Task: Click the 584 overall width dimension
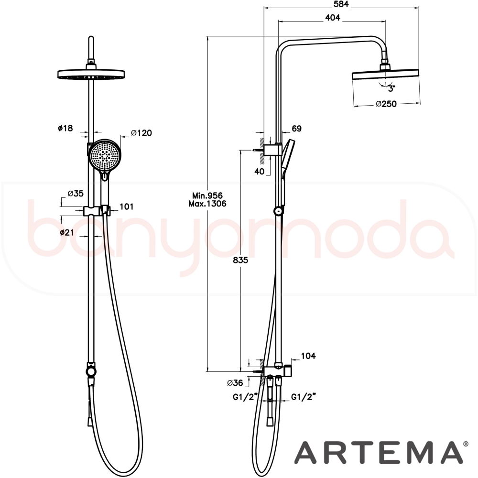tap(341, 4)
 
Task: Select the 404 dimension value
tap(333, 18)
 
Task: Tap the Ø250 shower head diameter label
tap(386, 104)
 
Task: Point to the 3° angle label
tap(391, 89)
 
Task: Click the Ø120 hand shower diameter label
tap(141, 133)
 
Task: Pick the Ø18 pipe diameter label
tap(65, 128)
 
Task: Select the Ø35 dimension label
tap(76, 194)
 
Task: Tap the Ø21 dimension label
tap(67, 232)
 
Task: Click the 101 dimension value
tap(127, 206)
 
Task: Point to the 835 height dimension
tap(240, 261)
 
